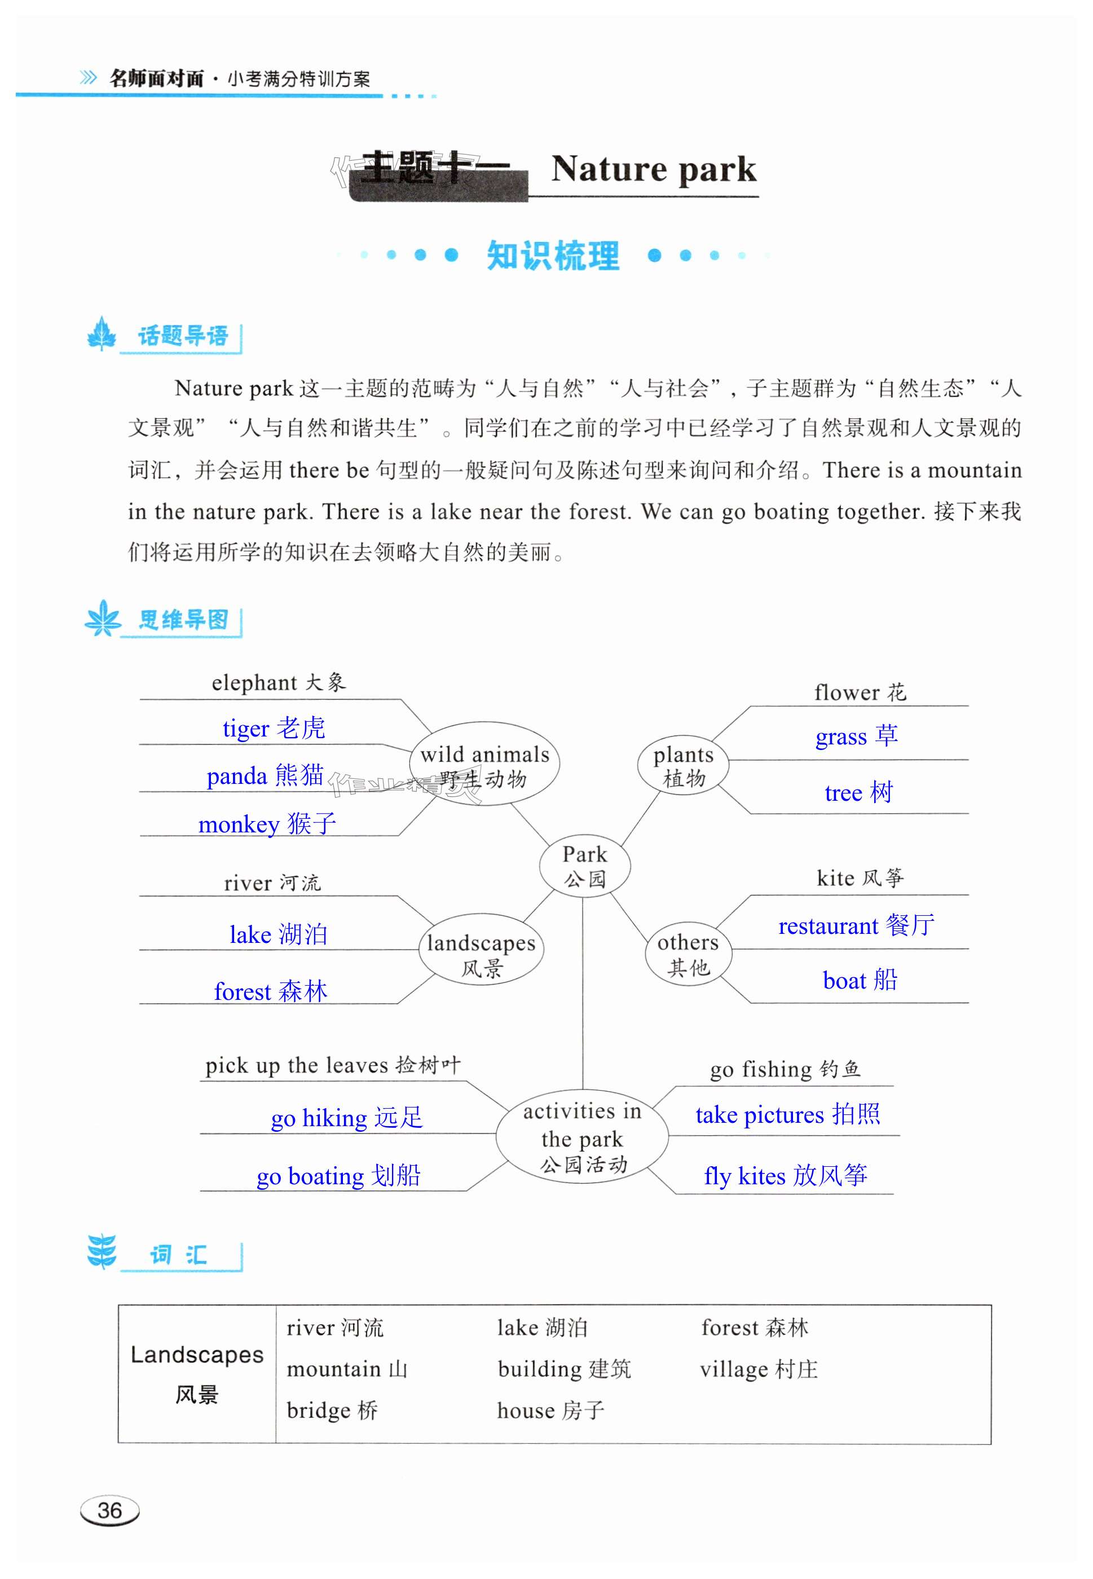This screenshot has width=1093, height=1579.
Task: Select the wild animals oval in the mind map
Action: pos(485,765)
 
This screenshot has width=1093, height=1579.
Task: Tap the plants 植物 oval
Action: pos(683,766)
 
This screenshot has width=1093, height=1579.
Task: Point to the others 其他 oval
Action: pos(688,954)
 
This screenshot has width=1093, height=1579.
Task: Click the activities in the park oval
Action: pos(582,1137)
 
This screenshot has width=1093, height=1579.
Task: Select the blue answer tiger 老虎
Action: pos(274,728)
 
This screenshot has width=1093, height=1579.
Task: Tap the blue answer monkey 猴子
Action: pos(267,824)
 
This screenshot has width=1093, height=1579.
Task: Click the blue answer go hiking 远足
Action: pos(346,1118)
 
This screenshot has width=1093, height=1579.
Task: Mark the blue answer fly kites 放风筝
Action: pos(786,1176)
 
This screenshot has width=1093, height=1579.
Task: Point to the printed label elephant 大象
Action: pos(279,683)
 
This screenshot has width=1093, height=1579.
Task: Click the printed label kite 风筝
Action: pos(860,878)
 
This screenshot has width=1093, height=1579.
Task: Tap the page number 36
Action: pos(109,1510)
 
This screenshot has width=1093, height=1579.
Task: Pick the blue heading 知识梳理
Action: pos(553,256)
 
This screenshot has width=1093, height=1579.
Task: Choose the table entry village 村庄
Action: pos(759,1369)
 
